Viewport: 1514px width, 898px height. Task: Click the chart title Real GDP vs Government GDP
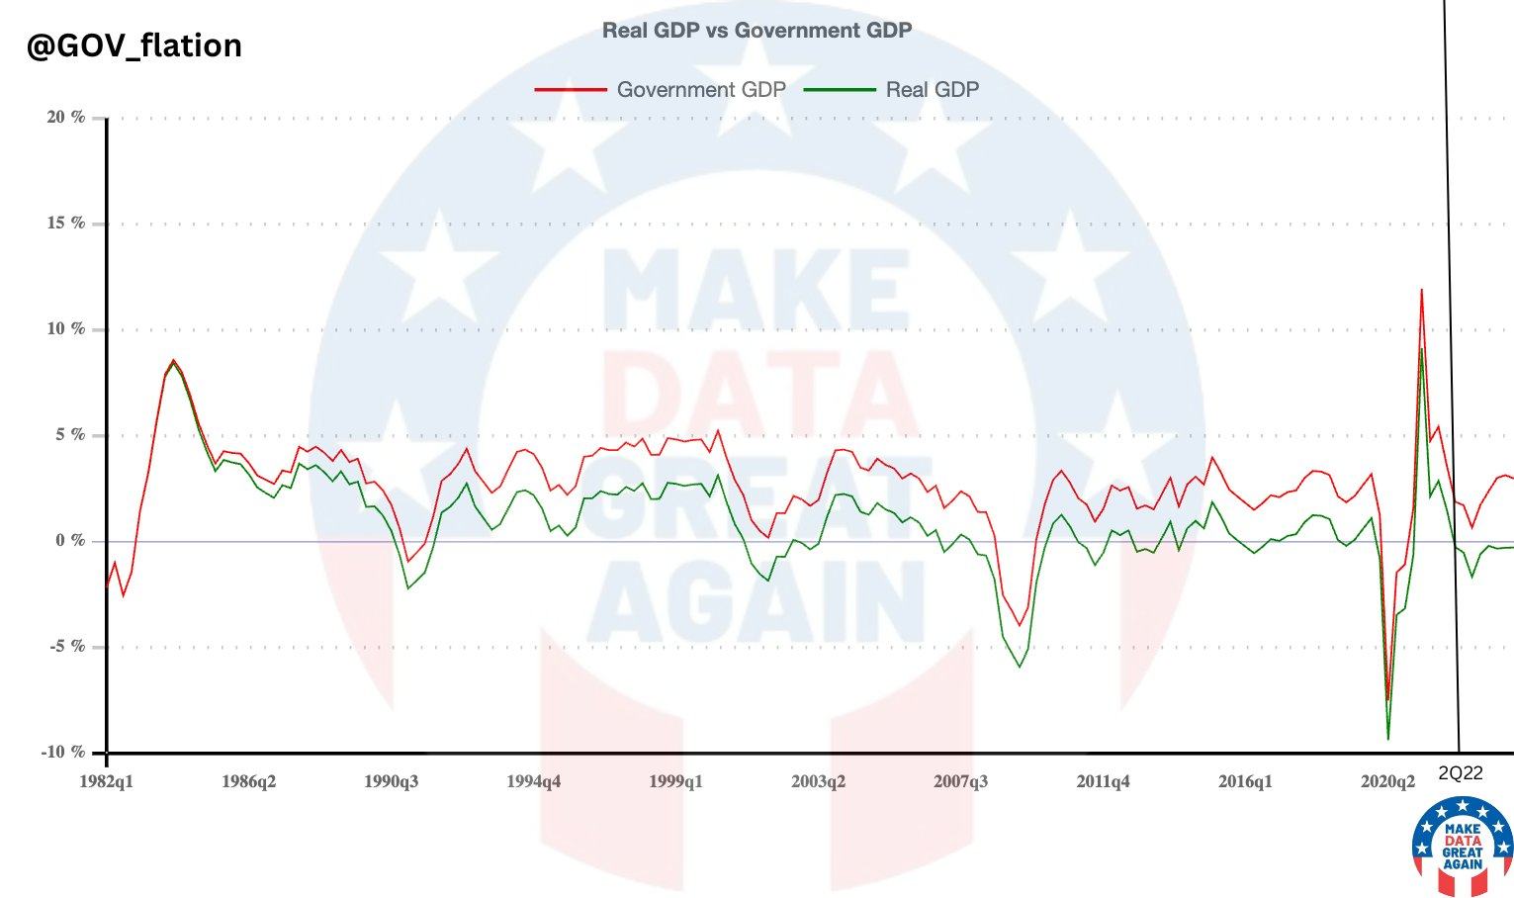point(757,31)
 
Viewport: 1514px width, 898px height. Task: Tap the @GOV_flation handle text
point(134,45)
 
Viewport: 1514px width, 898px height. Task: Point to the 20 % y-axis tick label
point(66,118)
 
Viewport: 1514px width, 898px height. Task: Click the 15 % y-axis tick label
point(66,224)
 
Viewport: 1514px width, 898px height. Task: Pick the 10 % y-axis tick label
point(66,329)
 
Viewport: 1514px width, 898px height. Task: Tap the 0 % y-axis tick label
point(70,541)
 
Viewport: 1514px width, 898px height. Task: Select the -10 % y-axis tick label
point(64,753)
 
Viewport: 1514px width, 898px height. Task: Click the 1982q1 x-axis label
point(106,781)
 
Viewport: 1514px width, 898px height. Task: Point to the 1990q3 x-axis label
point(391,781)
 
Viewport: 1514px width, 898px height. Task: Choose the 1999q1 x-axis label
point(675,781)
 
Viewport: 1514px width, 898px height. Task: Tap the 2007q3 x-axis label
point(960,781)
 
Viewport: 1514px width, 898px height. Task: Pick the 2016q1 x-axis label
point(1245,781)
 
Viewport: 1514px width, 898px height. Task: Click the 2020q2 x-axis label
point(1387,781)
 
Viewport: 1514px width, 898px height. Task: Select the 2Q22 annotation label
point(1461,773)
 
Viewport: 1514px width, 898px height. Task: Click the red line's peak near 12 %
point(1421,290)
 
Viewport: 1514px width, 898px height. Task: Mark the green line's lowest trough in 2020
point(1388,739)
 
